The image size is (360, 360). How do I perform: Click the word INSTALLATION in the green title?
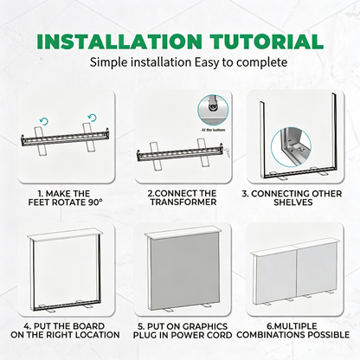pyautogui.click(x=119, y=42)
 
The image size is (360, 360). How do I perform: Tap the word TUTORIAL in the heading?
pyautogui.click(x=267, y=42)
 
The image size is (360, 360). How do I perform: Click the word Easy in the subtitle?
pyautogui.click(x=207, y=62)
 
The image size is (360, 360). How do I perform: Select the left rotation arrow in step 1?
pyautogui.click(x=44, y=121)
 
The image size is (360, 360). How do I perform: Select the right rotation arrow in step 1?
pyautogui.click(x=92, y=118)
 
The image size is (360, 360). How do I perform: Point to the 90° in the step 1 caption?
pyautogui.click(x=95, y=202)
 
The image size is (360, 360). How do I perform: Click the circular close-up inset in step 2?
pyautogui.click(x=213, y=111)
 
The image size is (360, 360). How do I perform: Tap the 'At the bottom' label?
pyautogui.click(x=213, y=130)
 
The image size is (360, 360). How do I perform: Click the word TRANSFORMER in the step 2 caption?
pyautogui.click(x=183, y=202)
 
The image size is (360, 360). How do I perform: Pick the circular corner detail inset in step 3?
pyautogui.click(x=291, y=147)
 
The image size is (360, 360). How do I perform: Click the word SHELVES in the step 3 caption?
pyautogui.click(x=293, y=202)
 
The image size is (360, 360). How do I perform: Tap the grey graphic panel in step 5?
pyautogui.click(x=184, y=272)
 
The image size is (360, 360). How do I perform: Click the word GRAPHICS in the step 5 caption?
pyautogui.click(x=205, y=326)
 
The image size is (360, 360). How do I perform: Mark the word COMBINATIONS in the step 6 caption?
pyautogui.click(x=271, y=335)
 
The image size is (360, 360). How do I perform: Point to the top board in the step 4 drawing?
pyautogui.click(x=65, y=234)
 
